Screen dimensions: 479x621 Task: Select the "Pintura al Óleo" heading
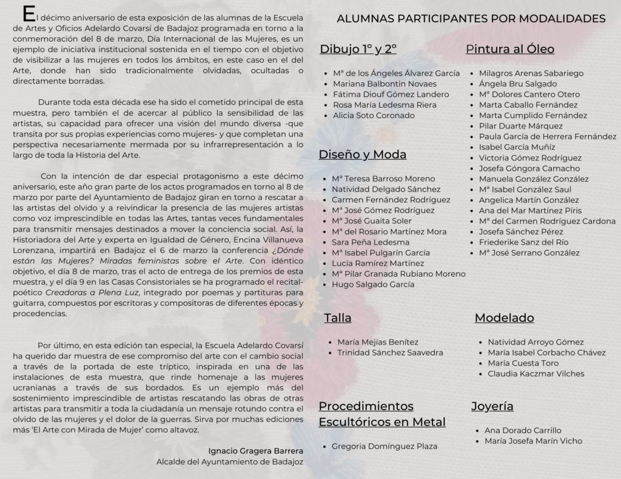pyautogui.click(x=510, y=49)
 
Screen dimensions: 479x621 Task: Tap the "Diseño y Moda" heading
pyautogui.click(x=363, y=154)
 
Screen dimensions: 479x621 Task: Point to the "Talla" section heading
pyautogui.click(x=338, y=317)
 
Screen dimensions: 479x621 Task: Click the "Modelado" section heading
pyautogui.click(x=504, y=317)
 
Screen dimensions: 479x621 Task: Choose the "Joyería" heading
pyautogui.click(x=492, y=406)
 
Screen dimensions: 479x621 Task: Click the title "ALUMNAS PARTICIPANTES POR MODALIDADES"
pyautogui.click(x=471, y=18)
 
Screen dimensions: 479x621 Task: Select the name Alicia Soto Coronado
pyautogui.click(x=374, y=115)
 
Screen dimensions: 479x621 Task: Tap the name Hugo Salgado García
pyautogui.click(x=373, y=284)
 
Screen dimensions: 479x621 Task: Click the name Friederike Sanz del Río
pyautogui.click(x=523, y=242)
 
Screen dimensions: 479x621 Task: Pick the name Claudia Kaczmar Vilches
pyautogui.click(x=536, y=374)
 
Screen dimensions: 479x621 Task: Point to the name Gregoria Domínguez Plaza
pyautogui.click(x=384, y=446)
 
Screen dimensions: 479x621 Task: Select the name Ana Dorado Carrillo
pyautogui.click(x=523, y=431)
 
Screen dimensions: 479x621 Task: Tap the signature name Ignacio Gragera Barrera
pyautogui.click(x=255, y=451)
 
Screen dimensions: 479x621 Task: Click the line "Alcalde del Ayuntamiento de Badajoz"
pyautogui.click(x=230, y=461)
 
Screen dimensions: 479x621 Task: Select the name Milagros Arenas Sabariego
pyautogui.click(x=531, y=73)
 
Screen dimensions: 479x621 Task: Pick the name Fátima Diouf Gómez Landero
pyautogui.click(x=391, y=94)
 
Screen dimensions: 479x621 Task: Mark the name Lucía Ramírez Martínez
pyautogui.click(x=378, y=263)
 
